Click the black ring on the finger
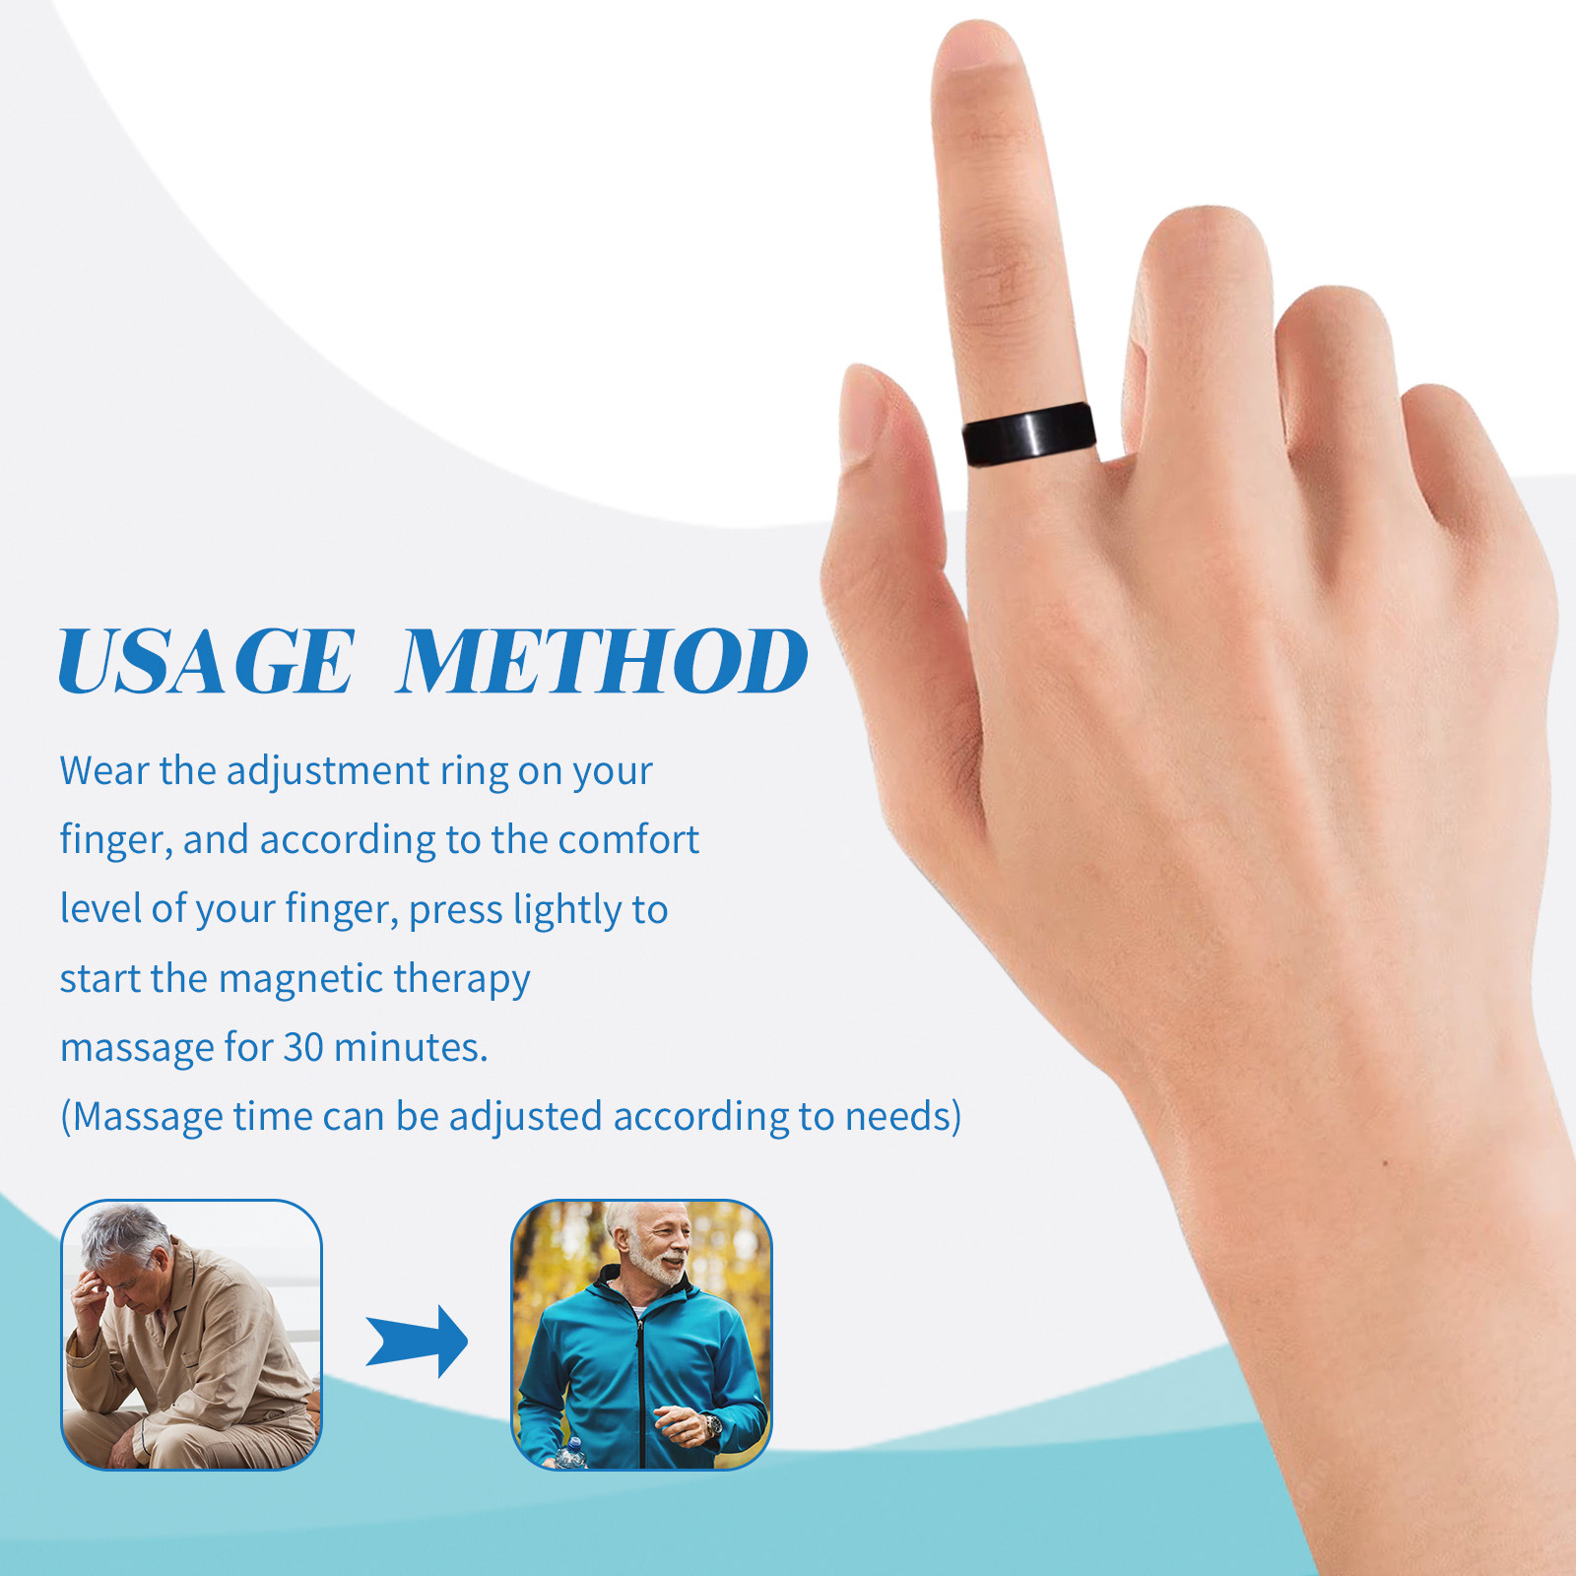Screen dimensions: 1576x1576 point(1029,433)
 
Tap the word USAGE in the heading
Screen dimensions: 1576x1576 point(206,662)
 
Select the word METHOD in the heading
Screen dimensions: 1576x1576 point(602,662)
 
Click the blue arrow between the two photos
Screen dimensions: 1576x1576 point(418,1341)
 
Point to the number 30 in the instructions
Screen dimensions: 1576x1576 point(302,1047)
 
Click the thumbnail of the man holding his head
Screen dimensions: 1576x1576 point(191,1335)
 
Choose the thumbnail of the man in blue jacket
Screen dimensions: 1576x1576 point(641,1335)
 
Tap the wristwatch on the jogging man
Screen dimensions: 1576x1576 point(711,1424)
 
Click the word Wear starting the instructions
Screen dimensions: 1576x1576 point(103,770)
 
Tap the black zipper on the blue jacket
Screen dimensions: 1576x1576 point(641,1379)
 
